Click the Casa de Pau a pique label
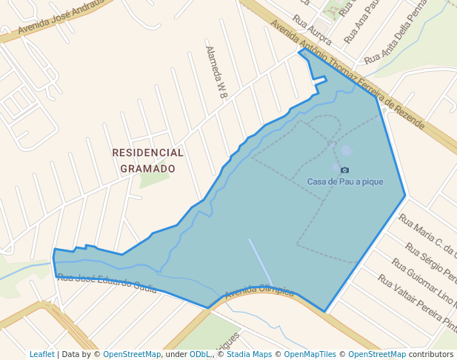(x=345, y=181)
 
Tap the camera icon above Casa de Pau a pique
(x=344, y=170)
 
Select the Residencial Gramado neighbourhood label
(x=147, y=160)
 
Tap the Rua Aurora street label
(x=311, y=29)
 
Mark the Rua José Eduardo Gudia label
(x=107, y=281)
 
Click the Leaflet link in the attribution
(x=41, y=354)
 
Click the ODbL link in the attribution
(x=200, y=354)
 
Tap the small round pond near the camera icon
(x=347, y=151)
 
